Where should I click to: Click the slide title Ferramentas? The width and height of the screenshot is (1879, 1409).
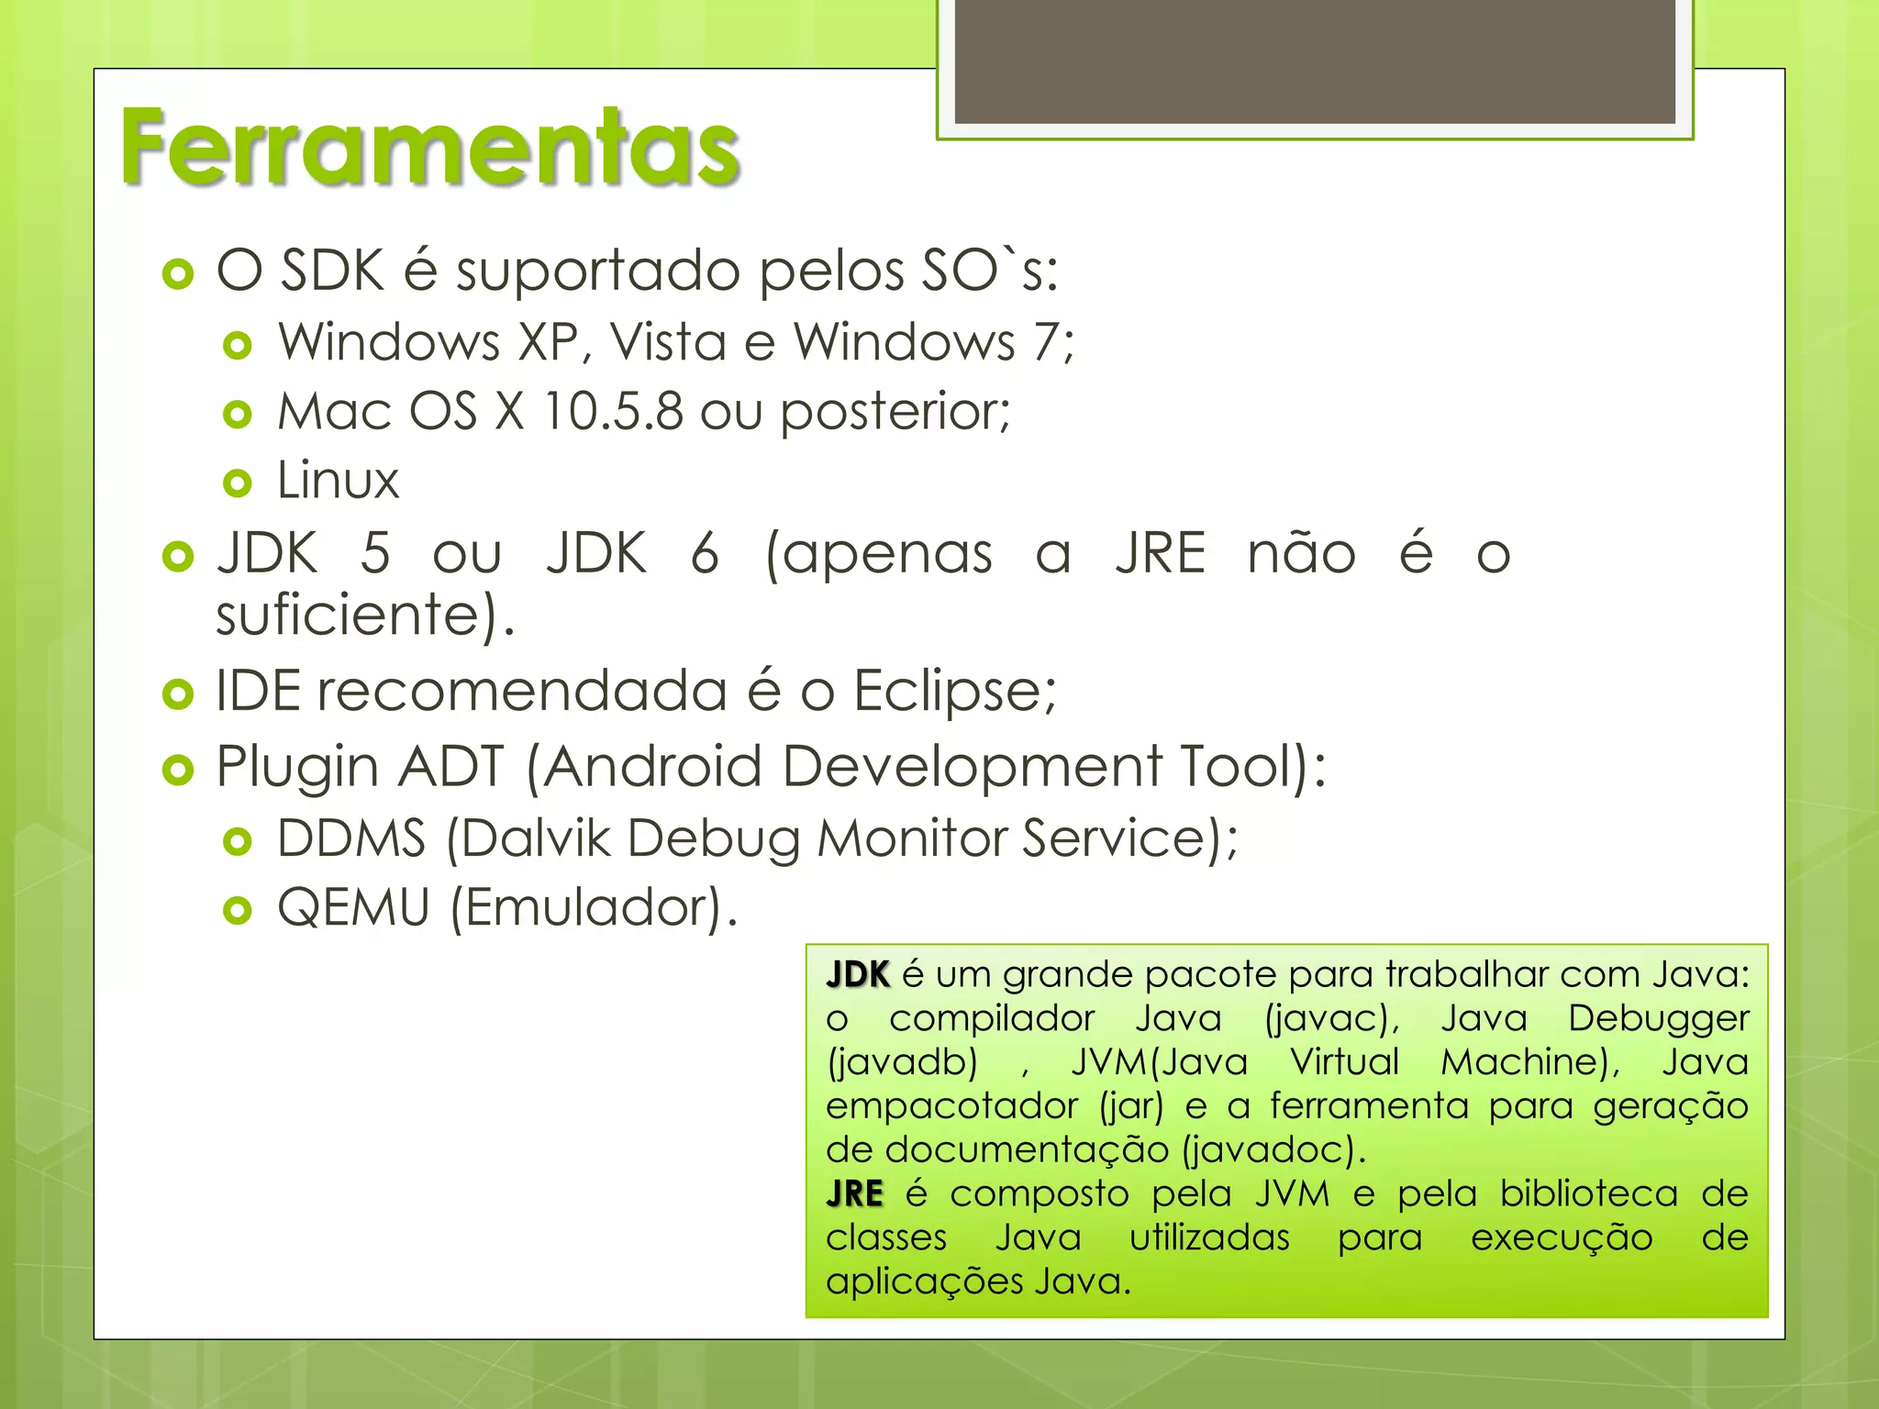tap(429, 147)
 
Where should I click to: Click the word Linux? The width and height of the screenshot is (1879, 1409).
tap(338, 481)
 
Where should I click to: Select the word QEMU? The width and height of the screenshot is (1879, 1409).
tap(353, 908)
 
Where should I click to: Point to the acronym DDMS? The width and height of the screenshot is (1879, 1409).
tap(351, 838)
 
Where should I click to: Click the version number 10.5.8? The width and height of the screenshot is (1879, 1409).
tap(613, 411)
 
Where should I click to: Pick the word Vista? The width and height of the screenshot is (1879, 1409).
tap(668, 342)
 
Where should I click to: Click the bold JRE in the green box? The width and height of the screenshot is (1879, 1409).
tap(854, 1193)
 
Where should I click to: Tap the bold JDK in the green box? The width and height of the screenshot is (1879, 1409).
tap(858, 974)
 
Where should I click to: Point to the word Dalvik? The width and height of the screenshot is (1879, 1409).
tap(537, 838)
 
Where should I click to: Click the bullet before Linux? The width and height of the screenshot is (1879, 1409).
tap(238, 483)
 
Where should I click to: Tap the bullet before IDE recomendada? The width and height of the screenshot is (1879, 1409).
tap(177, 694)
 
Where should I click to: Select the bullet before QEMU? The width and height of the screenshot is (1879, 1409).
tap(238, 910)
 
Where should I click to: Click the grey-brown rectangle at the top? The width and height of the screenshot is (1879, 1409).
tap(1314, 61)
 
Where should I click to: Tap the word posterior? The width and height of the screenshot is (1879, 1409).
tap(894, 412)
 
